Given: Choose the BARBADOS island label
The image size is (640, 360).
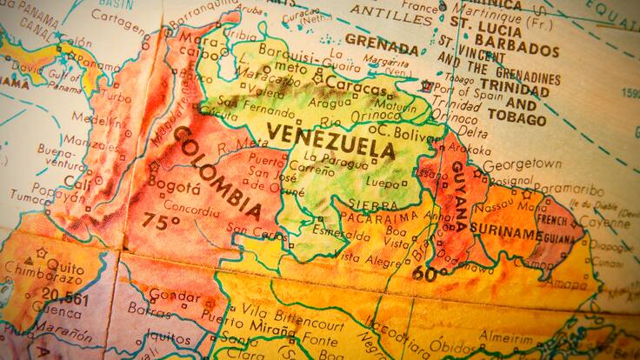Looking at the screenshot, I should [x=521, y=50].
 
